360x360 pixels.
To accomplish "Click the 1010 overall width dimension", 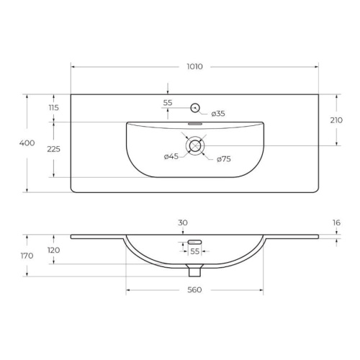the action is coord(194,66).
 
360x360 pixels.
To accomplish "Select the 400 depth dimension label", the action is coord(27,143).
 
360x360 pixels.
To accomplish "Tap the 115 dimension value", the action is coord(54,108).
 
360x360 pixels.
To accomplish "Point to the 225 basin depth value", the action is coord(53,149).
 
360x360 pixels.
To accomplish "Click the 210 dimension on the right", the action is coord(336,120).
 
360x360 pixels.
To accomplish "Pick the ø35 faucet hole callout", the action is coord(218,114).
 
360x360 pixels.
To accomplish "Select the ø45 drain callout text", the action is coord(171,157).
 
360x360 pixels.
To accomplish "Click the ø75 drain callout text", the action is coord(224,159).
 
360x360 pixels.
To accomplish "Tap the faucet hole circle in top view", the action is coord(195,108).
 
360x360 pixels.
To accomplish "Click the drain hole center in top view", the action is coord(195,145).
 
